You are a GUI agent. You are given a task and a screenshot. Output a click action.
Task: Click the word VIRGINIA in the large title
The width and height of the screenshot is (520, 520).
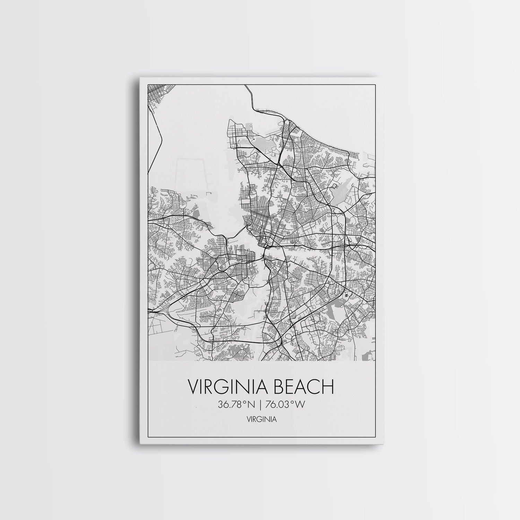227,387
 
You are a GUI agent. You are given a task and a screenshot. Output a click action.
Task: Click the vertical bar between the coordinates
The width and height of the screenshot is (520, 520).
260,405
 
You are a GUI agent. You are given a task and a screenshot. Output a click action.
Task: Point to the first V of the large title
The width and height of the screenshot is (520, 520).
193,387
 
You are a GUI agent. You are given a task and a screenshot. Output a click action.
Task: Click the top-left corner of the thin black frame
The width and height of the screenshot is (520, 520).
148,84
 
